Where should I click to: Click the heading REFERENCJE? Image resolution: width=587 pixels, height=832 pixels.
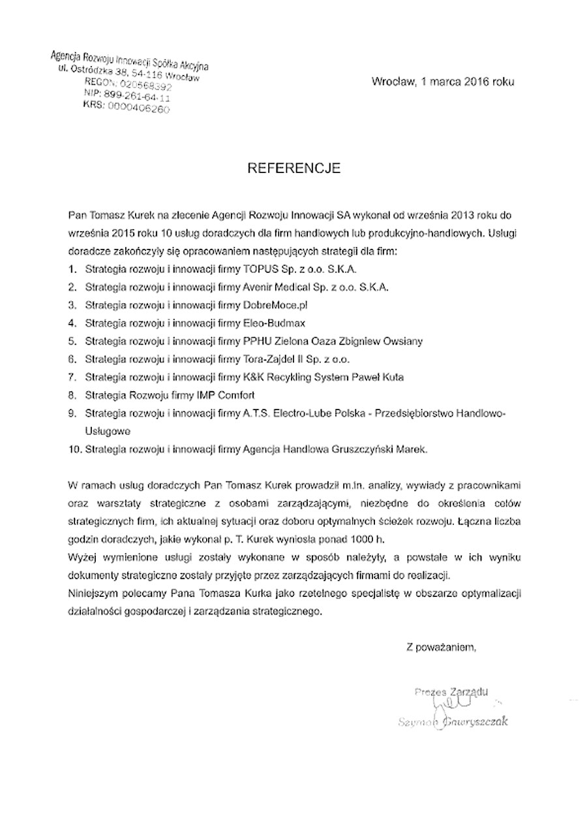293,168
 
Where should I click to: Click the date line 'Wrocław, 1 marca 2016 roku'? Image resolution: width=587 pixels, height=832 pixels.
443,82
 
